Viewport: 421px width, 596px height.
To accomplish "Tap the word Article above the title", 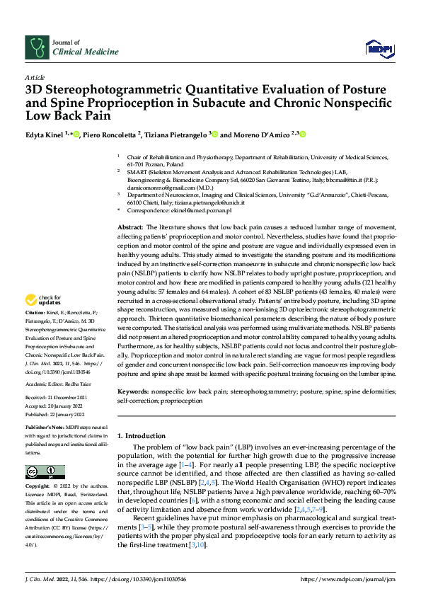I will click(x=35, y=76).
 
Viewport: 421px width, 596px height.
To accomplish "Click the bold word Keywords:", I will click(x=133, y=390).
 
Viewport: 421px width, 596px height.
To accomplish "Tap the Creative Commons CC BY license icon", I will click(x=45, y=471).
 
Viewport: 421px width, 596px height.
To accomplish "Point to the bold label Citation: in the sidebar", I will click(x=35, y=332).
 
